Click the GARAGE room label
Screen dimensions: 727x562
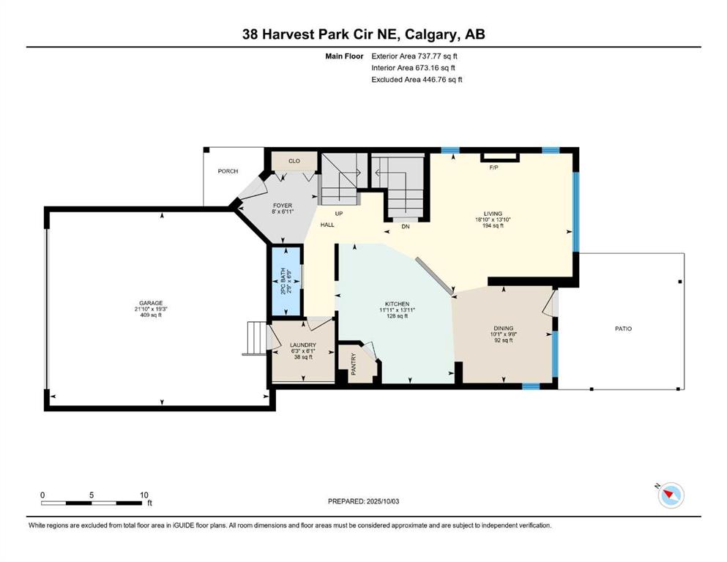pyautogui.click(x=151, y=303)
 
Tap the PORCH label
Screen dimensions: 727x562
pyautogui.click(x=228, y=171)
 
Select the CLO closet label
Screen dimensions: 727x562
pyautogui.click(x=294, y=161)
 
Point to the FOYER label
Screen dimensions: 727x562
pyautogui.click(x=283, y=205)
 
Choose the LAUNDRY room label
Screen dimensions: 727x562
pyautogui.click(x=303, y=345)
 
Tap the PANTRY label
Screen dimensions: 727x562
pyautogui.click(x=354, y=364)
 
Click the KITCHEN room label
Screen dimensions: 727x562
pyautogui.click(x=398, y=304)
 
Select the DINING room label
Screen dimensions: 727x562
pyautogui.click(x=504, y=328)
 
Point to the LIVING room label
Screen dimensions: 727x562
pyautogui.click(x=493, y=214)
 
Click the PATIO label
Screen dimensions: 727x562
pyautogui.click(x=623, y=329)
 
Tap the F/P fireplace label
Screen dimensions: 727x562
pyautogui.click(x=493, y=168)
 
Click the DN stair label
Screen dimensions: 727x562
pyautogui.click(x=405, y=227)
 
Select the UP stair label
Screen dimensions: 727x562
pyautogui.click(x=339, y=214)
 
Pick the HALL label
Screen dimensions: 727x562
pyautogui.click(x=327, y=225)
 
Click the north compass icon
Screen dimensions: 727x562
pyautogui.click(x=671, y=495)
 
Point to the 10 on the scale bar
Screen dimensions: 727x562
pyautogui.click(x=144, y=495)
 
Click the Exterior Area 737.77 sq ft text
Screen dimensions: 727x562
pyautogui.click(x=414, y=56)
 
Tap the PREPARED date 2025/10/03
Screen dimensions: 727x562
pyautogui.click(x=382, y=501)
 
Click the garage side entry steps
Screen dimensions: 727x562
pyautogui.click(x=256, y=339)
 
